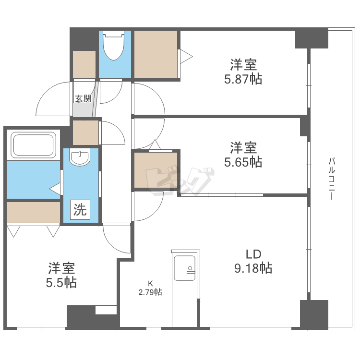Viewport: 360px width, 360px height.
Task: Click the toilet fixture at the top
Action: click(x=114, y=47)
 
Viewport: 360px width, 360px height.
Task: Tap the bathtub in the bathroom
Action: click(x=33, y=144)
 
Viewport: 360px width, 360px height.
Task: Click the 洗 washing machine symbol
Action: click(x=80, y=210)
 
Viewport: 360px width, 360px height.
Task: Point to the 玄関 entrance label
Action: click(x=83, y=99)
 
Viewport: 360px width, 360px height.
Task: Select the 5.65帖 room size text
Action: click(x=243, y=162)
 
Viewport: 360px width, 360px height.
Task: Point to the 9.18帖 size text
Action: click(x=253, y=268)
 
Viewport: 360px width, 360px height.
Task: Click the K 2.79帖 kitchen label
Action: click(x=150, y=288)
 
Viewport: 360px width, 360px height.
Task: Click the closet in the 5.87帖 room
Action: click(x=156, y=54)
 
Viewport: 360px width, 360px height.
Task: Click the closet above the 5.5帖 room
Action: click(x=34, y=212)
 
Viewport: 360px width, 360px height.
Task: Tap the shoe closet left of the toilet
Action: click(x=84, y=63)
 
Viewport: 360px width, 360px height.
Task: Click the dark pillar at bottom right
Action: click(x=314, y=314)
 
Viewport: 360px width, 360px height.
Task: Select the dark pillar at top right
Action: click(x=311, y=39)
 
